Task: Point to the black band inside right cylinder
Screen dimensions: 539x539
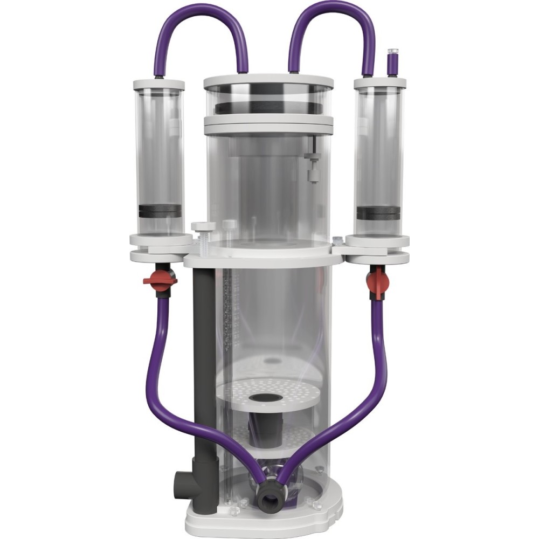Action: click(377, 213)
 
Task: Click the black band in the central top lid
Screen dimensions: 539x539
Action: click(268, 106)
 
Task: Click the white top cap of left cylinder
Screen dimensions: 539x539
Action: click(156, 85)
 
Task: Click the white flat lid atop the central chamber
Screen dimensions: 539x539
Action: click(268, 81)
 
